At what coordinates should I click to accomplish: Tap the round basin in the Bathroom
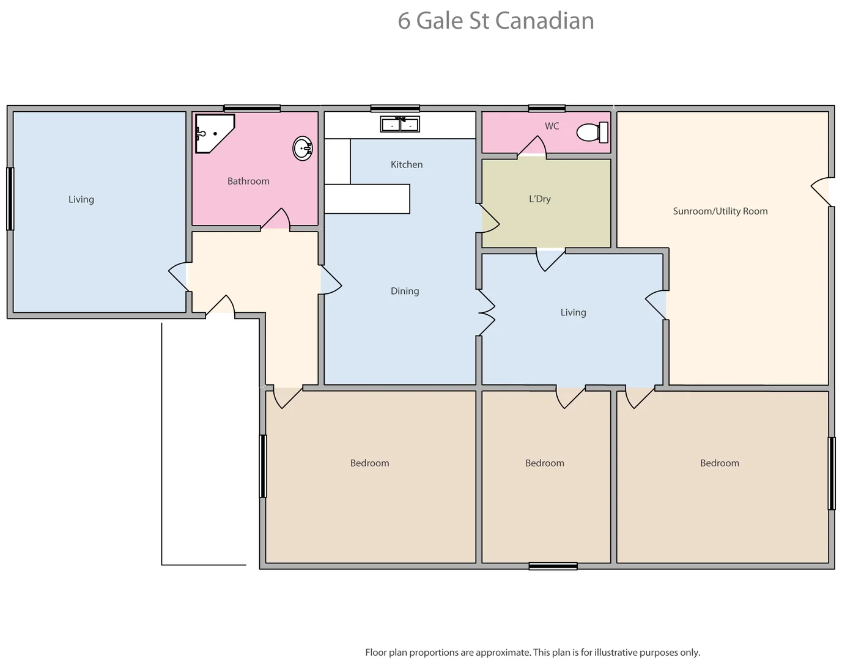coord(303,148)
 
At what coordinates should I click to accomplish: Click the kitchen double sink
coord(400,124)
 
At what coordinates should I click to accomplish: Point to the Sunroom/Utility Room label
coord(720,211)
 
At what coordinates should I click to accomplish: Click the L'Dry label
coord(539,199)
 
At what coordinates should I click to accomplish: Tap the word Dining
coord(405,291)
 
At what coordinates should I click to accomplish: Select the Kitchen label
coord(407,164)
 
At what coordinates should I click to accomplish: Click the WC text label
coord(552,127)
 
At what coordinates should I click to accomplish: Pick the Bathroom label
coord(248,182)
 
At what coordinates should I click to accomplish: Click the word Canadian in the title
coord(544,21)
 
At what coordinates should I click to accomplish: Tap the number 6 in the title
coord(404,21)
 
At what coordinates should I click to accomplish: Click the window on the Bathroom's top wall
coord(252,109)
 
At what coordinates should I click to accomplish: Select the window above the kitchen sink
coord(395,109)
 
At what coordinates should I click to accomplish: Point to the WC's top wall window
coord(547,109)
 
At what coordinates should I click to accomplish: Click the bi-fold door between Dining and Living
coord(486,312)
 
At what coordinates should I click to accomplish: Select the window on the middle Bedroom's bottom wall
coord(553,566)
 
